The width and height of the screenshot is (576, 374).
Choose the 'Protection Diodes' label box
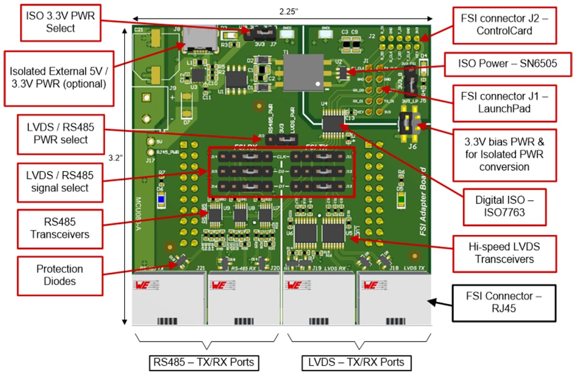pos(59,275)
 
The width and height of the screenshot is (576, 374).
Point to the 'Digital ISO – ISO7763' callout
pos(504,207)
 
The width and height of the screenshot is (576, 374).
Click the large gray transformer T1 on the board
pos(303,73)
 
